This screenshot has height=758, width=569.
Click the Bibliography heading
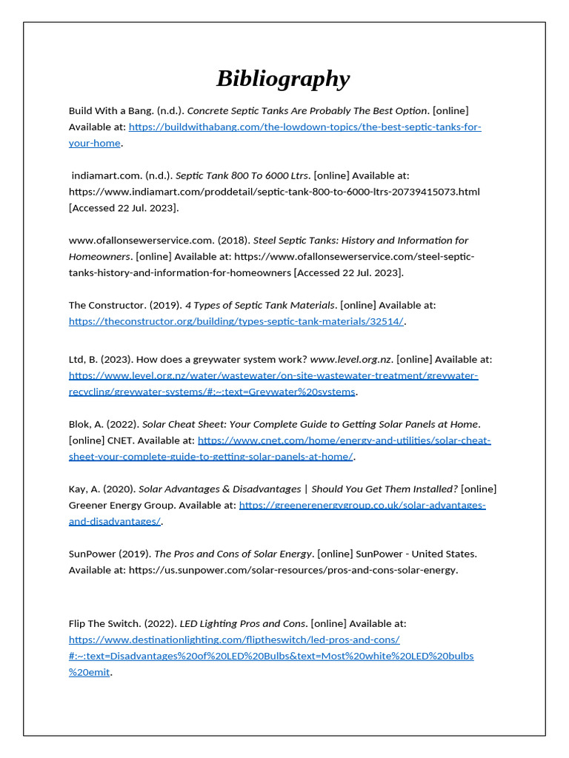pyautogui.click(x=283, y=78)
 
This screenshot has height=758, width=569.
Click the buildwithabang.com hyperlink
pyautogui.click(x=305, y=127)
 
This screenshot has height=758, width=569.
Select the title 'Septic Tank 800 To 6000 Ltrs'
pyautogui.click(x=242, y=175)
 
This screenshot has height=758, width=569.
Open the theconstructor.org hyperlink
pyautogui.click(x=236, y=321)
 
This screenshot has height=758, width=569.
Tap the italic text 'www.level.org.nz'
pyautogui.click(x=350, y=360)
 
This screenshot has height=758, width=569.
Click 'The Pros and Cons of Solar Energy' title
pyautogui.click(x=233, y=554)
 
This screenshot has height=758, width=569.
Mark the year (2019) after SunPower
pyautogui.click(x=136, y=554)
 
